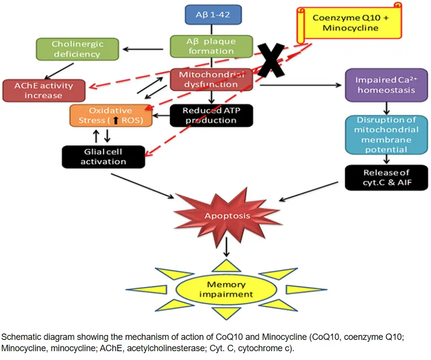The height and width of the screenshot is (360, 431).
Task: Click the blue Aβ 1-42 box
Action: [213, 15]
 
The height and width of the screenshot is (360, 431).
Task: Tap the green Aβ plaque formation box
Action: [211, 46]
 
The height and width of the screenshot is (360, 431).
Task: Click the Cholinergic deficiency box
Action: [77, 49]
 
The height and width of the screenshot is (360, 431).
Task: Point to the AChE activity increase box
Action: [43, 91]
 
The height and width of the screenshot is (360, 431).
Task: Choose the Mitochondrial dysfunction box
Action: [211, 79]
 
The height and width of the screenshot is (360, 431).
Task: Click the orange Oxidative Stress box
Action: [110, 115]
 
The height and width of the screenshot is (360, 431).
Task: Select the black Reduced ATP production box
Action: [211, 116]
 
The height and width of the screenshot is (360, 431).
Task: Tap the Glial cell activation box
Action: [103, 157]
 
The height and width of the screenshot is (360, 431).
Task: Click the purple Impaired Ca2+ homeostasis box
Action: [386, 85]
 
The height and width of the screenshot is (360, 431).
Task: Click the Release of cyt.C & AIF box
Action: [386, 178]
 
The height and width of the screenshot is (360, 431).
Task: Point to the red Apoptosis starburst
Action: [227, 215]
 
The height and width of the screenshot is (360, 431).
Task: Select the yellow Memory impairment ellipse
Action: [226, 289]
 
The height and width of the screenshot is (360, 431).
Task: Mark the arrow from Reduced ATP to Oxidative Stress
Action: [161, 116]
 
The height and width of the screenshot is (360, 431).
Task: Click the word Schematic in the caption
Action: [19, 337]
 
